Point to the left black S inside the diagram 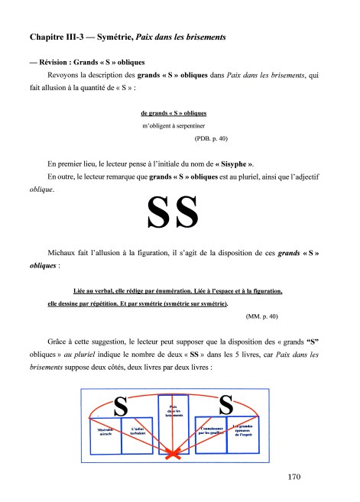tap(121, 406)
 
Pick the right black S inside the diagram tap(227, 404)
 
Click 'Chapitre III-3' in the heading tap(56, 36)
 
